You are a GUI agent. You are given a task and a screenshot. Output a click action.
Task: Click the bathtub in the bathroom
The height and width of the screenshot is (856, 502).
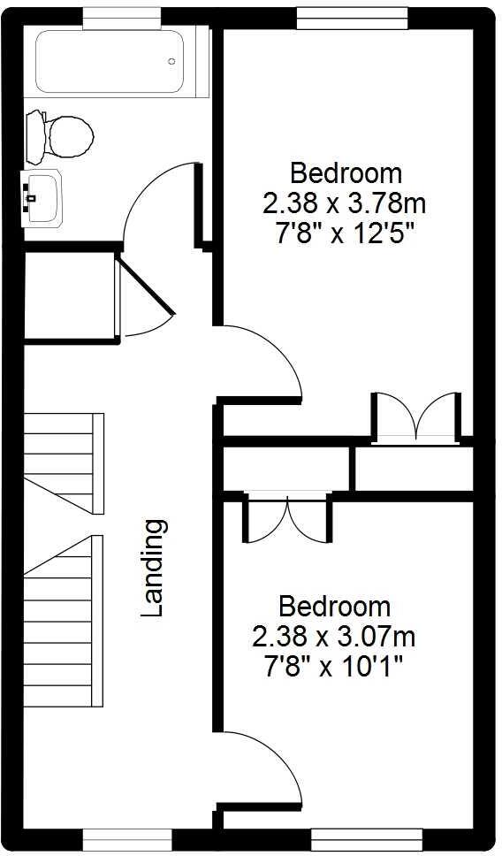[110, 62]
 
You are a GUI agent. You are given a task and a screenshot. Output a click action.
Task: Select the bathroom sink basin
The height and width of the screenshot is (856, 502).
[42, 192]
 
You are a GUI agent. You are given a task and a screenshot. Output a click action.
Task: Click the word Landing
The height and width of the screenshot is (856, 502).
[154, 568]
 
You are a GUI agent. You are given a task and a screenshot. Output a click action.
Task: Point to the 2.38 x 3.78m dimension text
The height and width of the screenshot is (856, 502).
[344, 204]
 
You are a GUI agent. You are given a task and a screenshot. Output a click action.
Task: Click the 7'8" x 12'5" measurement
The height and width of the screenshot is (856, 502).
[345, 235]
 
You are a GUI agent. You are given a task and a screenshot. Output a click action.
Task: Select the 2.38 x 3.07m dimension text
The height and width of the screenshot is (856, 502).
[333, 636]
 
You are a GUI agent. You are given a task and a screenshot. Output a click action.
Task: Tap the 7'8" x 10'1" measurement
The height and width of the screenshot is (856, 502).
[334, 666]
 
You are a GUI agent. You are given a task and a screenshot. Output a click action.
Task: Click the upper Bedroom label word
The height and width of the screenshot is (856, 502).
[346, 172]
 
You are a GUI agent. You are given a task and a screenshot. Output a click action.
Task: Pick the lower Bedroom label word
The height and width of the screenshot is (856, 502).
[334, 607]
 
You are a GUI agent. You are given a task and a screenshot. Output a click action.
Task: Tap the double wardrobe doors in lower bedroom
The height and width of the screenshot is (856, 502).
[288, 519]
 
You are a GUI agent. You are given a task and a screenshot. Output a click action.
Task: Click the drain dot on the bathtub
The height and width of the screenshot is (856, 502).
[172, 61]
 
